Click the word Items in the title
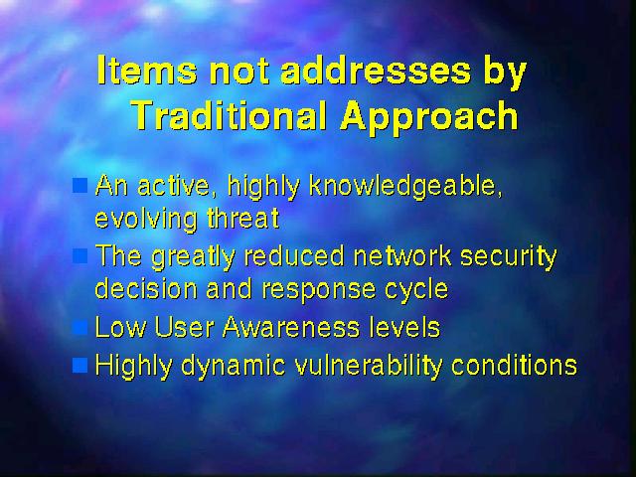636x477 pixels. [x=147, y=70]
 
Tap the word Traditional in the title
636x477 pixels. [x=230, y=115]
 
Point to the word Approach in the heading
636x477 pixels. [x=429, y=119]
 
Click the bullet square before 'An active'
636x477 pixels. [x=79, y=185]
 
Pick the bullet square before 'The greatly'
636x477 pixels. [x=79, y=255]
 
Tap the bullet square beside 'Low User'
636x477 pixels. [x=79, y=327]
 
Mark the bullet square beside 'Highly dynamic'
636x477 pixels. [x=79, y=365]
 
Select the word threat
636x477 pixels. [x=243, y=219]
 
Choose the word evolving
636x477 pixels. [x=146, y=221]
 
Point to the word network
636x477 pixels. [x=401, y=255]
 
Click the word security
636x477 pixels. [x=509, y=257]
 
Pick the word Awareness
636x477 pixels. [x=291, y=327]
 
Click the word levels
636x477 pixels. [x=404, y=327]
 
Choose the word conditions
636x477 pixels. [x=514, y=365]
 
